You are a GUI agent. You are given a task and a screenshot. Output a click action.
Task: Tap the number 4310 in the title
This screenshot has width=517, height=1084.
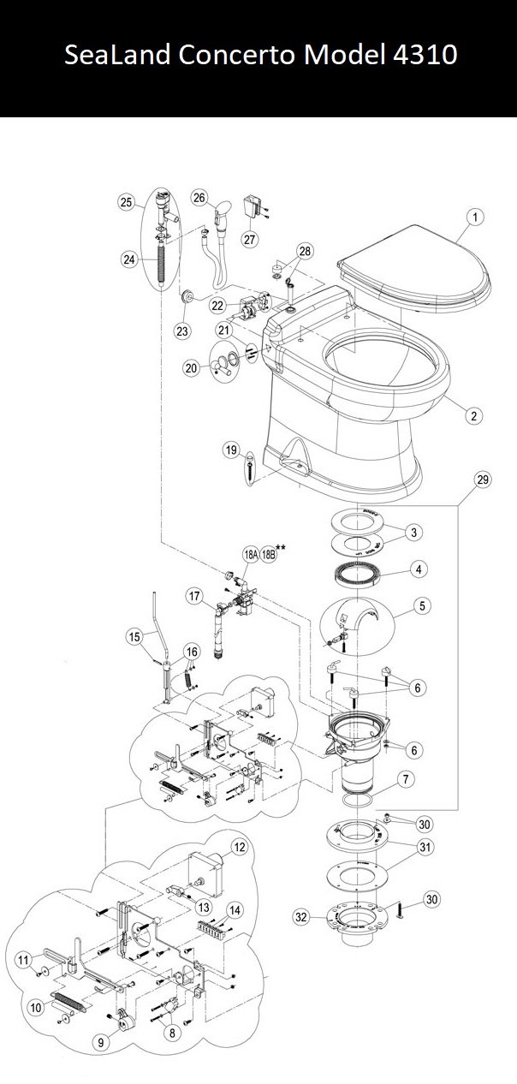[425, 54]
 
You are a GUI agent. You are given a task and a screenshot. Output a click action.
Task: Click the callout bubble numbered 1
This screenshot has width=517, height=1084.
[475, 217]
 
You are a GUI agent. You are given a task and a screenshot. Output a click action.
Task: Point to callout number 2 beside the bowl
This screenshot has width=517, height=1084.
[473, 415]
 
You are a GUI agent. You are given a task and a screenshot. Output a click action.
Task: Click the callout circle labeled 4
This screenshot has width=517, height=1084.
[419, 569]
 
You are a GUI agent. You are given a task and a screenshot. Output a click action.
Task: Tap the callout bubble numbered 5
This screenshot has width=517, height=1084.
[422, 605]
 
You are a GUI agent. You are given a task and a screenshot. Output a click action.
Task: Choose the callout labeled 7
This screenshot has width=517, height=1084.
[405, 779]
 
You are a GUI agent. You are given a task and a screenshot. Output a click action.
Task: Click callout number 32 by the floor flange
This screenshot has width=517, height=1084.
[301, 916]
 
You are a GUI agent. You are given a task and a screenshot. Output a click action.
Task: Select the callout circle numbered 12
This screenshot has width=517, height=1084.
[240, 847]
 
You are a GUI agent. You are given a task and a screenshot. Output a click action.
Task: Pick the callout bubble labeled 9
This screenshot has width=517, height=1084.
[101, 1042]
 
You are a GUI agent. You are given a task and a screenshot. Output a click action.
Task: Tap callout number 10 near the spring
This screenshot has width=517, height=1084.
[36, 1008]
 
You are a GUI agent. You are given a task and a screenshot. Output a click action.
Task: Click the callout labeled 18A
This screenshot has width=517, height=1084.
[251, 555]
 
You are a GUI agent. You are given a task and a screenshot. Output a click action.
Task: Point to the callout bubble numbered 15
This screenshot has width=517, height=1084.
[134, 637]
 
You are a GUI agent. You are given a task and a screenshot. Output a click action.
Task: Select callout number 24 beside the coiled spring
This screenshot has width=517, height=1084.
[128, 259]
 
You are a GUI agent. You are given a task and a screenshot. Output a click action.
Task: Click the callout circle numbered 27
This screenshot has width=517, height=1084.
[250, 239]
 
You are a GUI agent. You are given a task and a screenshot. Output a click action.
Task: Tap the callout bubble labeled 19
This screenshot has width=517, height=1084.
[231, 450]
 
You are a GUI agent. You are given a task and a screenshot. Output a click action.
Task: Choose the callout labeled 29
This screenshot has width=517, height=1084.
[483, 479]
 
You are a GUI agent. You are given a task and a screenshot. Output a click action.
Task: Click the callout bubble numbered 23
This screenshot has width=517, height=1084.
[181, 331]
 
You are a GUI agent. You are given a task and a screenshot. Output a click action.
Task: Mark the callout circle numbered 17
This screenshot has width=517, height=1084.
[194, 596]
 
